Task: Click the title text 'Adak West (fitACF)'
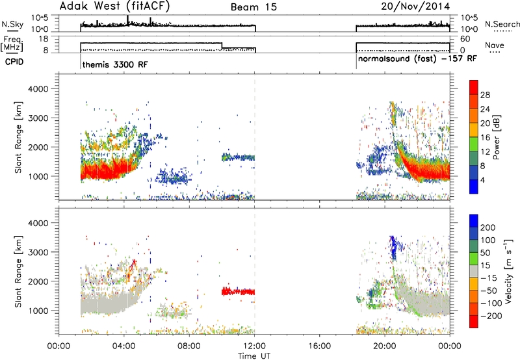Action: click(114, 6)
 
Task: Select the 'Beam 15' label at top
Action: click(253, 7)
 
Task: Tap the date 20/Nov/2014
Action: click(415, 6)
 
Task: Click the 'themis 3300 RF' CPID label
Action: click(115, 64)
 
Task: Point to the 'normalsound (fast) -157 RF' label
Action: click(417, 58)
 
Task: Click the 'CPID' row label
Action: click(14, 62)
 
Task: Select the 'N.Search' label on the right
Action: click(502, 24)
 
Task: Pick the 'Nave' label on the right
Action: click(495, 45)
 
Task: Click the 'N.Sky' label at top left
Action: click(12, 24)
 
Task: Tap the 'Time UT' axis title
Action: click(254, 356)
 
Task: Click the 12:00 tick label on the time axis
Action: click(254, 346)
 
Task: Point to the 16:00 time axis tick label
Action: click(320, 346)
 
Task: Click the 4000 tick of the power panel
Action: click(38, 89)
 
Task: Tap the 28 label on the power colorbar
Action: click(485, 95)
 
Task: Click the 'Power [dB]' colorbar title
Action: click(497, 137)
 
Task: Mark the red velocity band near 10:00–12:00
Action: click(238, 292)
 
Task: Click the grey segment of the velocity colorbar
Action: click(474, 265)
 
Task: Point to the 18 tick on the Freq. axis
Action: click(44, 39)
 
